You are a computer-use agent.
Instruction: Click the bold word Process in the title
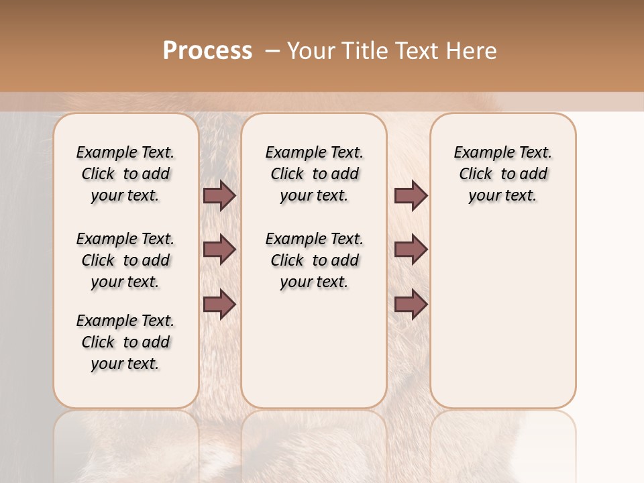pos(207,51)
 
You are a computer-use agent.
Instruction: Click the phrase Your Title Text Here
pos(392,51)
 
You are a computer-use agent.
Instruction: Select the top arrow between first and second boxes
pos(219,196)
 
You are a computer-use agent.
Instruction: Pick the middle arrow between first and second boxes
pos(219,250)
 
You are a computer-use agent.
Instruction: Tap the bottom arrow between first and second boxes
pos(219,305)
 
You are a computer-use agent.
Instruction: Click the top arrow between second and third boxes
pos(411,196)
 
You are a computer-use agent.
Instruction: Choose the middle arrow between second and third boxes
pos(411,250)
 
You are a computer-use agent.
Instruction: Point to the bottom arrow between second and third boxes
pos(411,305)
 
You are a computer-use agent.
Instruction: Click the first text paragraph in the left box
pos(125,174)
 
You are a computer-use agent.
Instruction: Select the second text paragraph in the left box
pos(125,260)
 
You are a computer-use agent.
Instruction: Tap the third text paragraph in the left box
pos(125,342)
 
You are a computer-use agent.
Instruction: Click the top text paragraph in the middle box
pos(314,174)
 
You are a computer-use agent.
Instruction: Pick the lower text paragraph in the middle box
pos(314,260)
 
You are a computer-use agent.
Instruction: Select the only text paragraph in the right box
pos(502,174)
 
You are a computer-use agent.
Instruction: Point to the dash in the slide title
pos(272,51)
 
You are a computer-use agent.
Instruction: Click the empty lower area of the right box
pos(502,315)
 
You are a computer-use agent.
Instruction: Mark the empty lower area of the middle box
pos(314,349)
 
